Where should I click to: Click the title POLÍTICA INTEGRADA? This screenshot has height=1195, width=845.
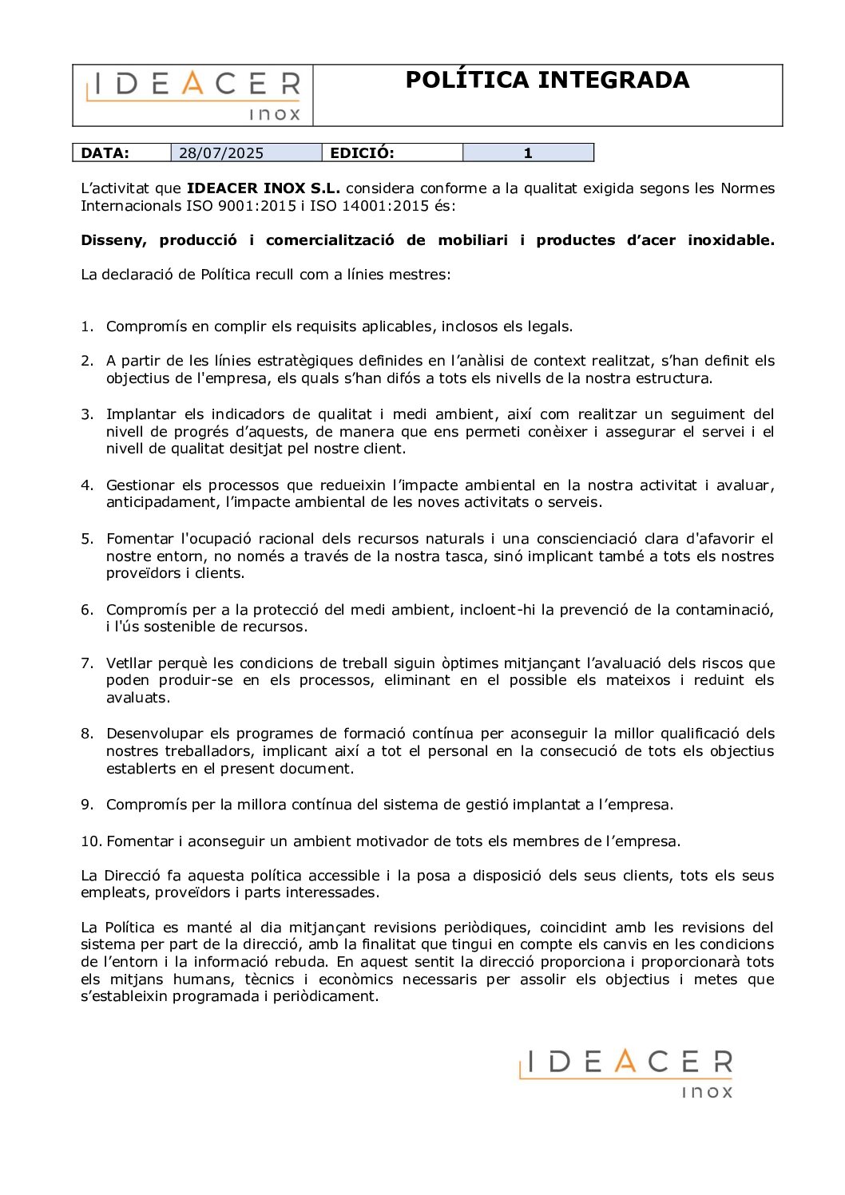coord(547,80)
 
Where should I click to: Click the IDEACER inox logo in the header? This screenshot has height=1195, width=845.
coord(193,95)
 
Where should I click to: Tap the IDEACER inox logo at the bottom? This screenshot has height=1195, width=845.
coord(625,1073)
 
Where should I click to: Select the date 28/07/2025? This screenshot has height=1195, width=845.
coord(221,153)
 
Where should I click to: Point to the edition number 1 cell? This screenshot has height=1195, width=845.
coord(527,153)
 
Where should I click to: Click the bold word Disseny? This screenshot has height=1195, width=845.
coord(113,240)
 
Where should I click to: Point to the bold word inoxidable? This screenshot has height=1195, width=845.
coord(731,240)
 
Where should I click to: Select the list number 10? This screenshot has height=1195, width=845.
coord(90,841)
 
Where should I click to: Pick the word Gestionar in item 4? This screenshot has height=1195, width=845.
coord(140,485)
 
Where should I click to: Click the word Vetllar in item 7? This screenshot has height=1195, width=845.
coord(129,663)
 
